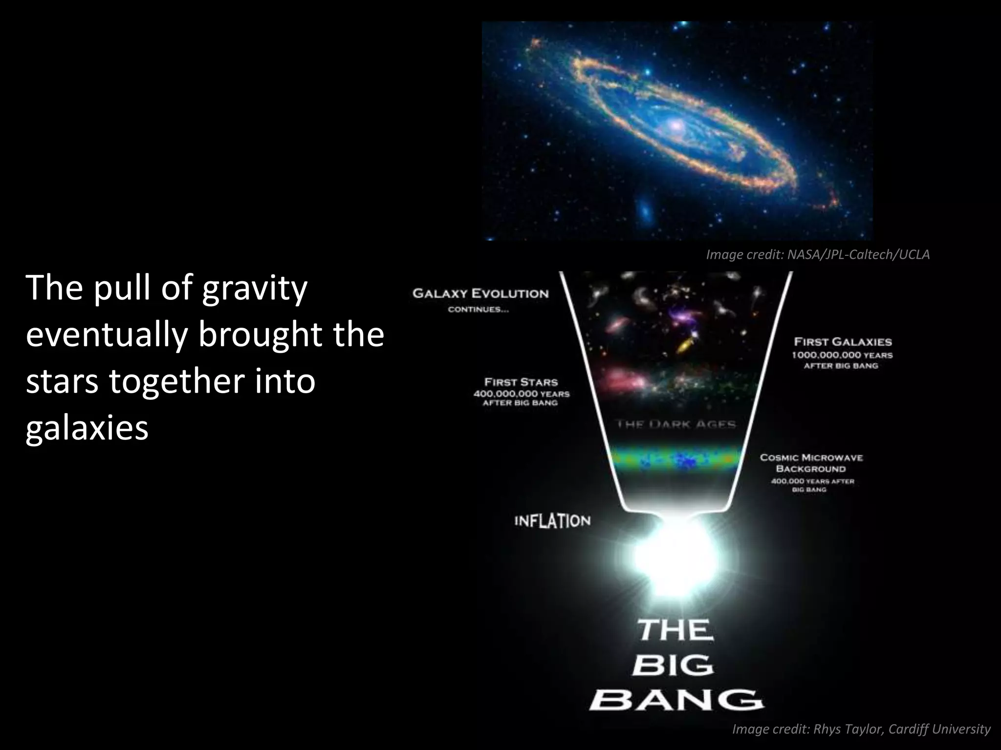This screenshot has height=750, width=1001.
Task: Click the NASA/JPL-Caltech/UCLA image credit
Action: tap(818, 254)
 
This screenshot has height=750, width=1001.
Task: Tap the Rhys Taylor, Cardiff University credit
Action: tap(861, 729)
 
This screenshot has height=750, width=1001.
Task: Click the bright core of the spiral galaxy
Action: tap(676, 126)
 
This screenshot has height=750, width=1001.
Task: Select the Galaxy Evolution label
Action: tap(480, 294)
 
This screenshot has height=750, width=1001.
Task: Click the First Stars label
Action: tap(521, 382)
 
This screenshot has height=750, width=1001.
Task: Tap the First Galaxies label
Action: tap(843, 342)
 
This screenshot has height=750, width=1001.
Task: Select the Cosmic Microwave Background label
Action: tap(811, 463)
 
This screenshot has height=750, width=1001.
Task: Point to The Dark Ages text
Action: tap(676, 424)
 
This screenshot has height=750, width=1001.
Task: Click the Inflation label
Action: tap(552, 521)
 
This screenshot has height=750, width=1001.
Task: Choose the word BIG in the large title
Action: tap(673, 666)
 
